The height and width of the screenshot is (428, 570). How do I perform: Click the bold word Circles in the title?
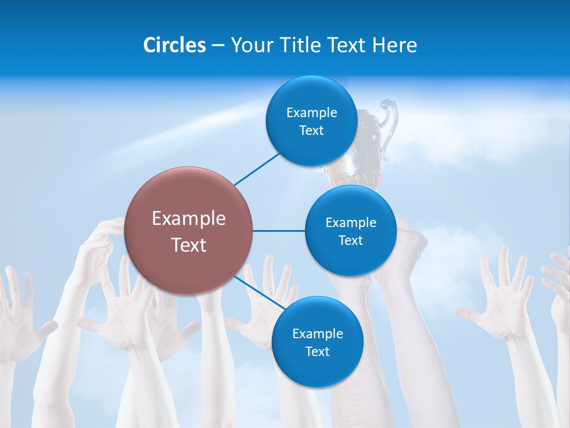click(174, 45)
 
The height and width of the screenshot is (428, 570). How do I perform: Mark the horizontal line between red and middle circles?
click(279, 231)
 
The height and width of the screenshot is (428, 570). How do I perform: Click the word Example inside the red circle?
click(189, 219)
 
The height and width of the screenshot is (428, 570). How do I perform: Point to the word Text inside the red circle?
click(189, 245)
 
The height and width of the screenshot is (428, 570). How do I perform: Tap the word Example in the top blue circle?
click(311, 113)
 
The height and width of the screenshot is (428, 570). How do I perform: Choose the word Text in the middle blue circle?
click(350, 241)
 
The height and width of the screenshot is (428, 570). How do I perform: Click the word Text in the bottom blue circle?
click(317, 352)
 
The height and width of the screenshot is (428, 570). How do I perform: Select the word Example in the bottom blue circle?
click(317, 334)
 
